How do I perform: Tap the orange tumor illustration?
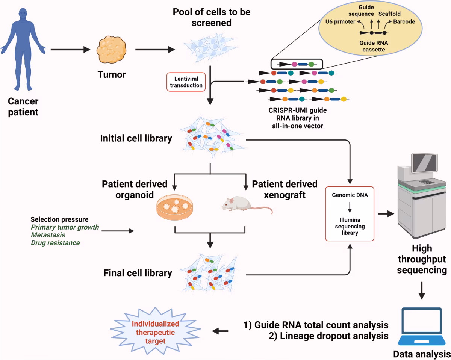tap(110, 50)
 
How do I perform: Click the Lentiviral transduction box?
tap(186, 82)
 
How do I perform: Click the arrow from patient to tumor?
tap(71, 49)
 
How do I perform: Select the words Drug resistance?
tap(55, 243)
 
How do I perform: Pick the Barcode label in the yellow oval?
tap(404, 21)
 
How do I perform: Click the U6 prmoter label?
tap(340, 21)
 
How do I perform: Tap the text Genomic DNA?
tap(350, 195)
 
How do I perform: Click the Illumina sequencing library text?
tap(350, 227)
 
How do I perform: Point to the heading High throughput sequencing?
tap(422, 259)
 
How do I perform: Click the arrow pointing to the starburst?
tap(221, 331)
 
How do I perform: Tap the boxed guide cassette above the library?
tap(297, 64)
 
